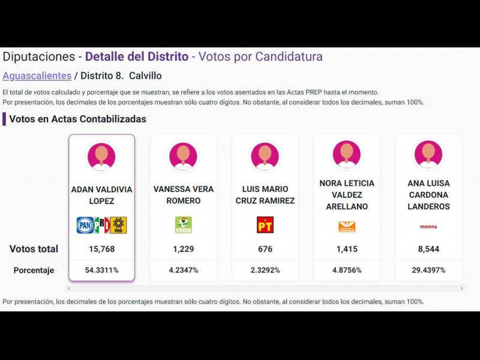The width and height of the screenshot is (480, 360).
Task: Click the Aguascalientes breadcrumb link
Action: [x=37, y=76]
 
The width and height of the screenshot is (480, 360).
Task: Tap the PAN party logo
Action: [x=85, y=225]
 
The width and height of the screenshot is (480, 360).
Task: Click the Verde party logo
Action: [x=183, y=225]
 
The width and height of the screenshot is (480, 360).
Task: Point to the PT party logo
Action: [x=265, y=225]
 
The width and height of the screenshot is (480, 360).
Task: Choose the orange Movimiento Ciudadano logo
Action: [x=347, y=226]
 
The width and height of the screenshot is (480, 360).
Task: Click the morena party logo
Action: [x=428, y=227]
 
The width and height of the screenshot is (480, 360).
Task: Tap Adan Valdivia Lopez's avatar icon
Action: [x=101, y=157]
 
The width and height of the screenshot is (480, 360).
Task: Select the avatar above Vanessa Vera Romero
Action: [x=183, y=157]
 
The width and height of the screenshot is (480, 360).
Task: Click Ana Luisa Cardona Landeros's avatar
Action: [x=428, y=155]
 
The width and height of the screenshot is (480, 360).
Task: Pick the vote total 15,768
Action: [x=101, y=249]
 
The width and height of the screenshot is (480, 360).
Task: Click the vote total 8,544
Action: [x=428, y=249]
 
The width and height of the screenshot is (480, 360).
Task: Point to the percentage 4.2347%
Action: [x=183, y=270]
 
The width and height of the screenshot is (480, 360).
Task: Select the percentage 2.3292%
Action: [x=265, y=270]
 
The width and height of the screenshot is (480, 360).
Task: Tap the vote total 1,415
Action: [x=347, y=249]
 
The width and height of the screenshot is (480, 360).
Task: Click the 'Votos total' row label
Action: [x=34, y=249]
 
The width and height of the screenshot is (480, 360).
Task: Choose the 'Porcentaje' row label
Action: [x=34, y=271]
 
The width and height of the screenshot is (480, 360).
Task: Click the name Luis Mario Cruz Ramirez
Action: [x=265, y=195]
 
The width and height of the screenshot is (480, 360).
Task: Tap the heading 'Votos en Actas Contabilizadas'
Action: [x=77, y=119]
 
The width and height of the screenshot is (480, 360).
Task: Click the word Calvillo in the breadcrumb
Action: [x=145, y=76]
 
